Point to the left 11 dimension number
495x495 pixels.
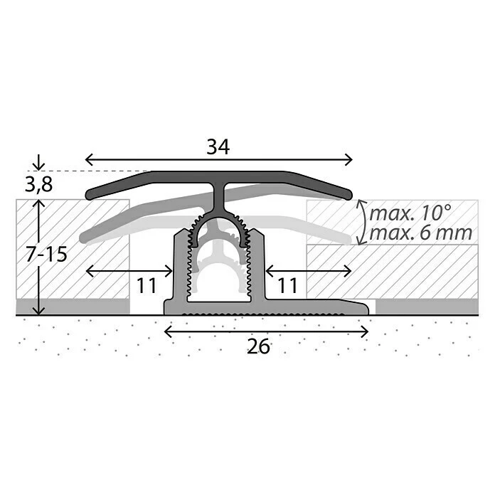(146, 286)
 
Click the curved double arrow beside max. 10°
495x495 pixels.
(362, 222)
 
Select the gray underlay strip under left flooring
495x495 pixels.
(72, 307)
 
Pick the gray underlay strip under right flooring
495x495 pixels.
(427, 307)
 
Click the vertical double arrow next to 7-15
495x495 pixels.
(38, 257)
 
